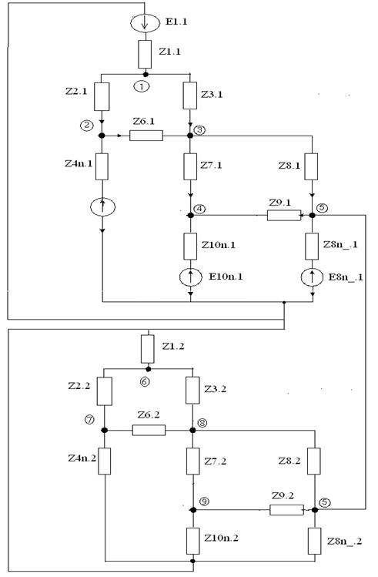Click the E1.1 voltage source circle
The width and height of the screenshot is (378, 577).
145,23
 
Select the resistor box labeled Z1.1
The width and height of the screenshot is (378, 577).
145,55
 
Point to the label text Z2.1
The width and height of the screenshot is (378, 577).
76,91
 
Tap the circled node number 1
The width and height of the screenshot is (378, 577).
142,86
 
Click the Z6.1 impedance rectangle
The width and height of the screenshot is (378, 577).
146,136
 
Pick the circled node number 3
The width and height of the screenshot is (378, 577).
200,130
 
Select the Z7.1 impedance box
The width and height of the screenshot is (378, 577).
190,166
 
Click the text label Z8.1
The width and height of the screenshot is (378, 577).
289,166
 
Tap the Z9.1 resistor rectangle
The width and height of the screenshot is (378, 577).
284,215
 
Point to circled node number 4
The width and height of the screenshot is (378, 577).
200,209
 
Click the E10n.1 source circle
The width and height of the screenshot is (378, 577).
190,277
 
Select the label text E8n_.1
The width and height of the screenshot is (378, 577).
345,277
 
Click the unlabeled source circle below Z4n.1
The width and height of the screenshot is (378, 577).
102,206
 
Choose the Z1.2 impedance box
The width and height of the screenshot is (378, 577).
148,349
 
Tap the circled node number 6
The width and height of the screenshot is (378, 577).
145,381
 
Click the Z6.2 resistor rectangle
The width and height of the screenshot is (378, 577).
149,430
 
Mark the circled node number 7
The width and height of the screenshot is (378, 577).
89,420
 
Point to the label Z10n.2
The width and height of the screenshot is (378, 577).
222,538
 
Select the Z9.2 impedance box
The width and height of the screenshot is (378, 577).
287,510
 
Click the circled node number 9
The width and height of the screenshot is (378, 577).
204,502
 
